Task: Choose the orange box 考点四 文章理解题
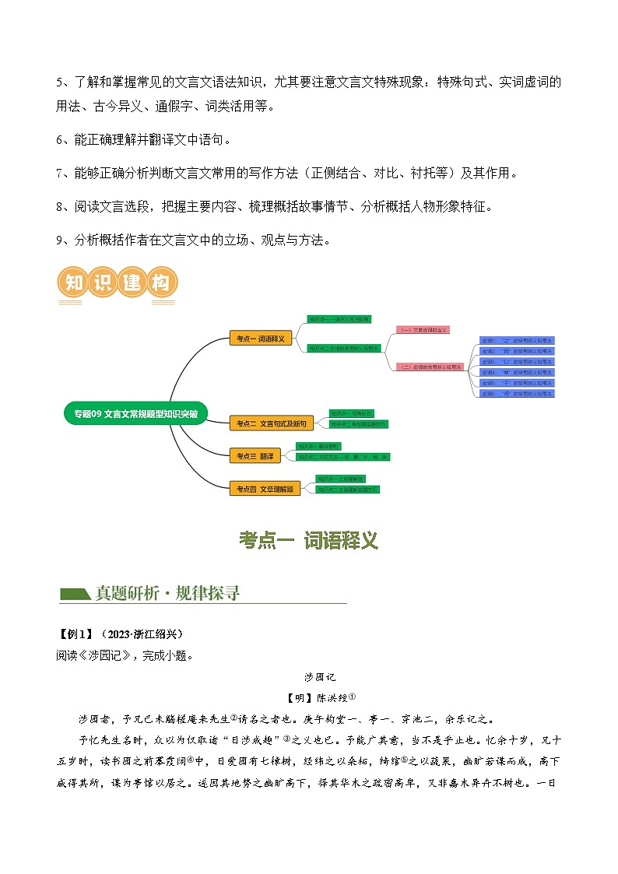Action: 265,488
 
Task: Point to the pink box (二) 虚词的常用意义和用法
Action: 430,367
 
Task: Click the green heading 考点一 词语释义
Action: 308,541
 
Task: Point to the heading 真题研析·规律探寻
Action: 167,593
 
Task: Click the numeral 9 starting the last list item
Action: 61,240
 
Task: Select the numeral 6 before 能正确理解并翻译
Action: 61,139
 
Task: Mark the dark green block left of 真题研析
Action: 75,594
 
